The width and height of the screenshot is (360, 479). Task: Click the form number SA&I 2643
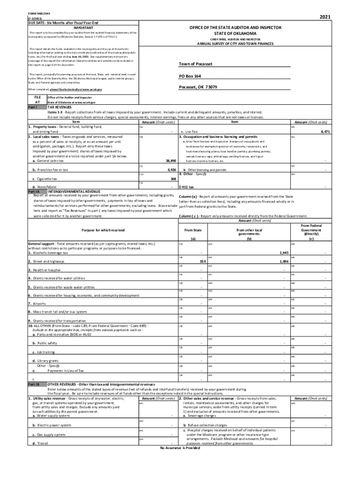click(x=39, y=14)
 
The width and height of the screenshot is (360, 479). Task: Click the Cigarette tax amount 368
click(x=173, y=178)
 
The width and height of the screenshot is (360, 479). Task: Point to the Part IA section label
click(x=35, y=191)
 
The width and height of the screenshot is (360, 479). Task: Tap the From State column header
click(x=193, y=230)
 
